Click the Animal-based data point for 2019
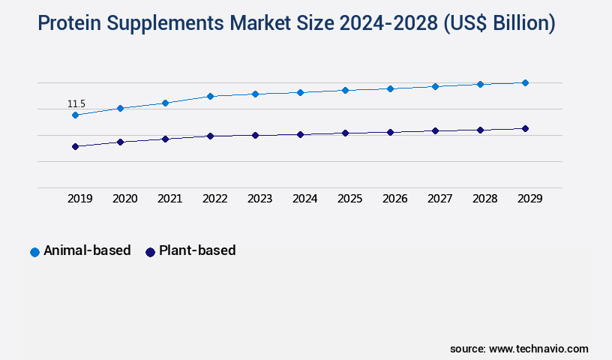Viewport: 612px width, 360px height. coord(75,115)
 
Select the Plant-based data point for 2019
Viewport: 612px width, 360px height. coord(75,146)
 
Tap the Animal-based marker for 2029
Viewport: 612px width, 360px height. coord(525,82)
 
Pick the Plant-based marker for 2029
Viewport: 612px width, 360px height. coord(525,128)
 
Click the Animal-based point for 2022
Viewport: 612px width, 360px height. coord(210,96)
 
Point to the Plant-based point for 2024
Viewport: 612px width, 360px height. coord(300,134)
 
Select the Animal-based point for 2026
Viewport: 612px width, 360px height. coord(390,88)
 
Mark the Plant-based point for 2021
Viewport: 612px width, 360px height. coord(165,139)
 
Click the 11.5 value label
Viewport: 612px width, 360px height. coord(76,103)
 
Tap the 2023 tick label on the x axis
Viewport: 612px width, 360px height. coord(259,199)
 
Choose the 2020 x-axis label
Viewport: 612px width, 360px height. coord(124,199)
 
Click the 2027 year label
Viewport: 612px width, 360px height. coord(439,199)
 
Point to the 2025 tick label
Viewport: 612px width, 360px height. coord(349,199)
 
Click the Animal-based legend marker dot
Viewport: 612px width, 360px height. coord(34,252)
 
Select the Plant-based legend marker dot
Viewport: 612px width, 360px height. coord(150,252)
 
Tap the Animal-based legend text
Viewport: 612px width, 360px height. coord(87,250)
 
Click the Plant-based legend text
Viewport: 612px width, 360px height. coord(196,250)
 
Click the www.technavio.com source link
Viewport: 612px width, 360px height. coord(538,349)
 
